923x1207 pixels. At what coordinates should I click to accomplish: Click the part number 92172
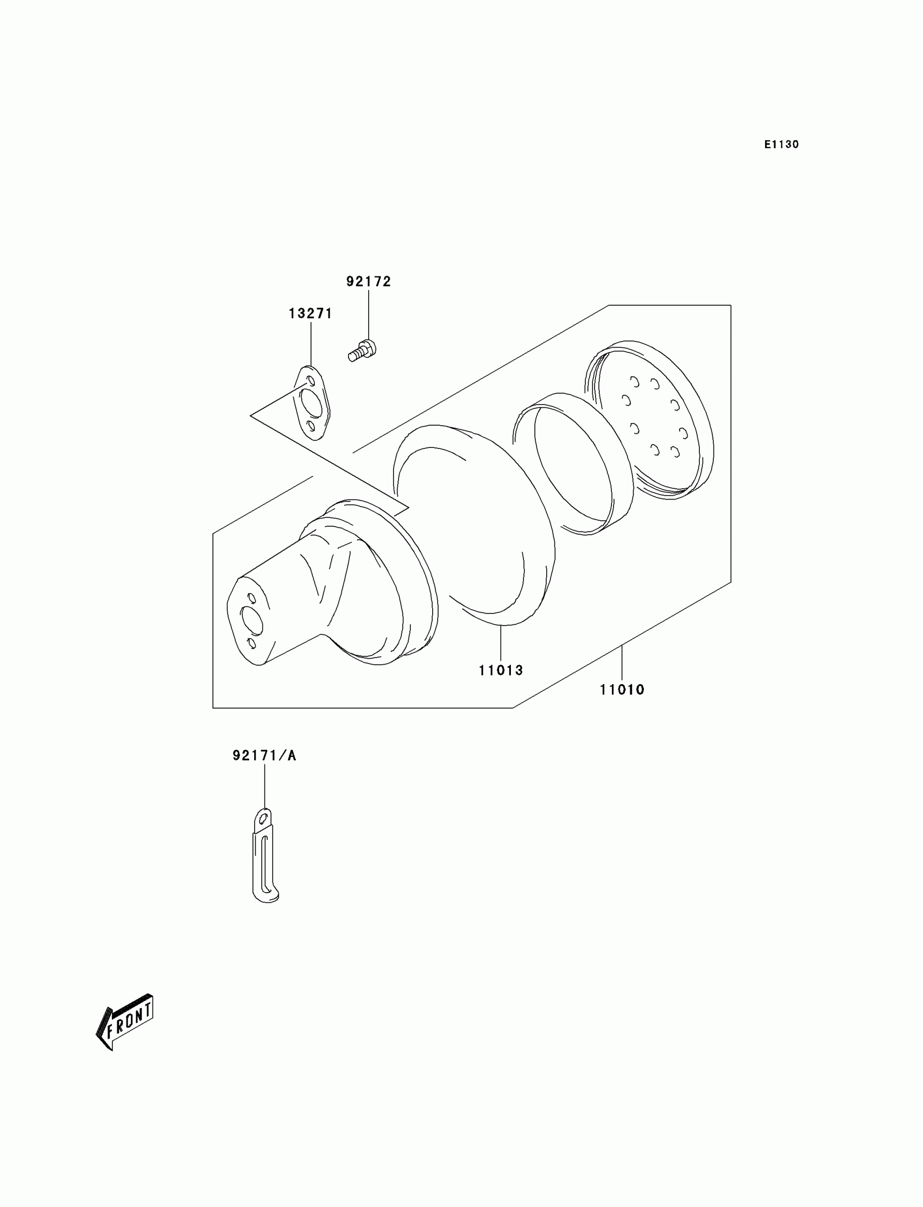coord(368,281)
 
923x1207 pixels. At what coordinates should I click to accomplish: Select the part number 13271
coord(311,313)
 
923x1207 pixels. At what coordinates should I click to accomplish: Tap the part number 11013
coord(501,669)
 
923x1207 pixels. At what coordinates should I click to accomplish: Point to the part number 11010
coord(621,690)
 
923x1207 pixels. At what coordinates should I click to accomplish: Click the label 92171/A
coord(264,755)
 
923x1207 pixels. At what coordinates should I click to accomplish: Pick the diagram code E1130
coord(781,144)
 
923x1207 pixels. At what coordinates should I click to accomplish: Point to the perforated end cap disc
coord(654,420)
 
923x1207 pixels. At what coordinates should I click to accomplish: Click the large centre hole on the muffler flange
coord(252,620)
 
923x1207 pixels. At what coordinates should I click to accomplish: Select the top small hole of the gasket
coord(311,380)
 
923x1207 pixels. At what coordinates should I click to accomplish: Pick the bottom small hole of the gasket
coord(312,426)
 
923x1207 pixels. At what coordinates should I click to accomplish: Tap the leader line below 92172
coord(368,313)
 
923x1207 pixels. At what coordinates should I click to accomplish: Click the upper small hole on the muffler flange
coord(251,597)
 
